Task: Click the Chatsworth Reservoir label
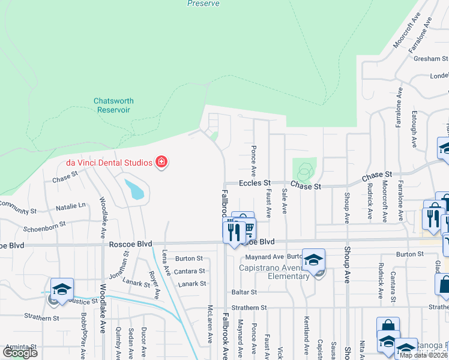[x=113, y=106]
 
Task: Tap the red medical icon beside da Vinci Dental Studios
[x=161, y=162]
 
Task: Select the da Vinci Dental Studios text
[x=109, y=163]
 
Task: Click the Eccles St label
[x=255, y=182]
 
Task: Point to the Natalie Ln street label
[x=70, y=206]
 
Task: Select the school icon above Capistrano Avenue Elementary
[x=313, y=260]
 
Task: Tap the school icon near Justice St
[x=62, y=289]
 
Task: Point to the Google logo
[x=20, y=353]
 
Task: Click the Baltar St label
[x=244, y=292]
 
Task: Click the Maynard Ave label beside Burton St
[x=270, y=257]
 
